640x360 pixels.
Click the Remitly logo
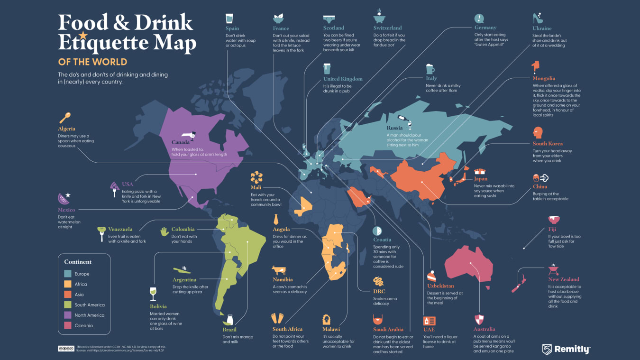[x=566, y=350]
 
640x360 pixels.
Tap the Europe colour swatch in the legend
[x=68, y=274]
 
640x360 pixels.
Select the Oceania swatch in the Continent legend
[x=68, y=325]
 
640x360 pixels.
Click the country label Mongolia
[x=544, y=79]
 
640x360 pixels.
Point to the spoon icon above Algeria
[x=65, y=118]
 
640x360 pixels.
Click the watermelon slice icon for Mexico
[x=64, y=198]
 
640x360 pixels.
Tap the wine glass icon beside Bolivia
[x=153, y=294]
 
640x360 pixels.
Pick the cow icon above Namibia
[x=279, y=270]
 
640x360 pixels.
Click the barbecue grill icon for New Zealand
[x=553, y=269]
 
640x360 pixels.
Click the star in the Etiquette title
[x=83, y=36]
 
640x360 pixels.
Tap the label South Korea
[x=548, y=144]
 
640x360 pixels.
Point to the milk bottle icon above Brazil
[x=230, y=320]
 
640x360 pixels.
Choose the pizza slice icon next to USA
[x=115, y=189]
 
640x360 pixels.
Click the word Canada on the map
[x=181, y=142]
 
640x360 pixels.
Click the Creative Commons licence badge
[x=66, y=349]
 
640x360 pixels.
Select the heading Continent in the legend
[x=78, y=262]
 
